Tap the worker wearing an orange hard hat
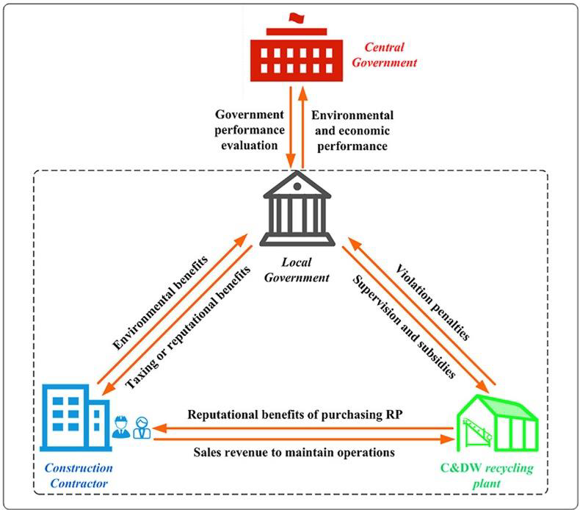point(120,426)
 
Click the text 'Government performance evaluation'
point(247,130)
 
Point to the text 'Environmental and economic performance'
point(352,130)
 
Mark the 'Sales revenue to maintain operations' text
point(294,453)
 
